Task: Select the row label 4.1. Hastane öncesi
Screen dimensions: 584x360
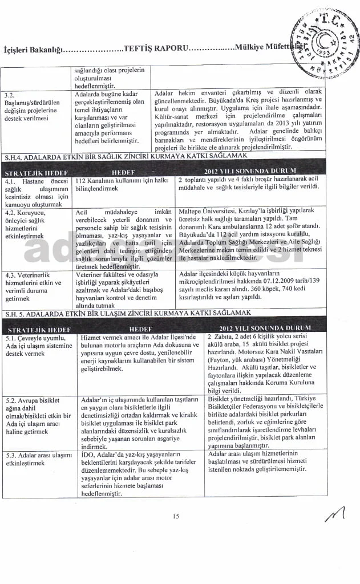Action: pyautogui.click(x=37, y=192)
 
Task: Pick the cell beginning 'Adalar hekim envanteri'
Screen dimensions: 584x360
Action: pyautogui.click(x=238, y=119)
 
